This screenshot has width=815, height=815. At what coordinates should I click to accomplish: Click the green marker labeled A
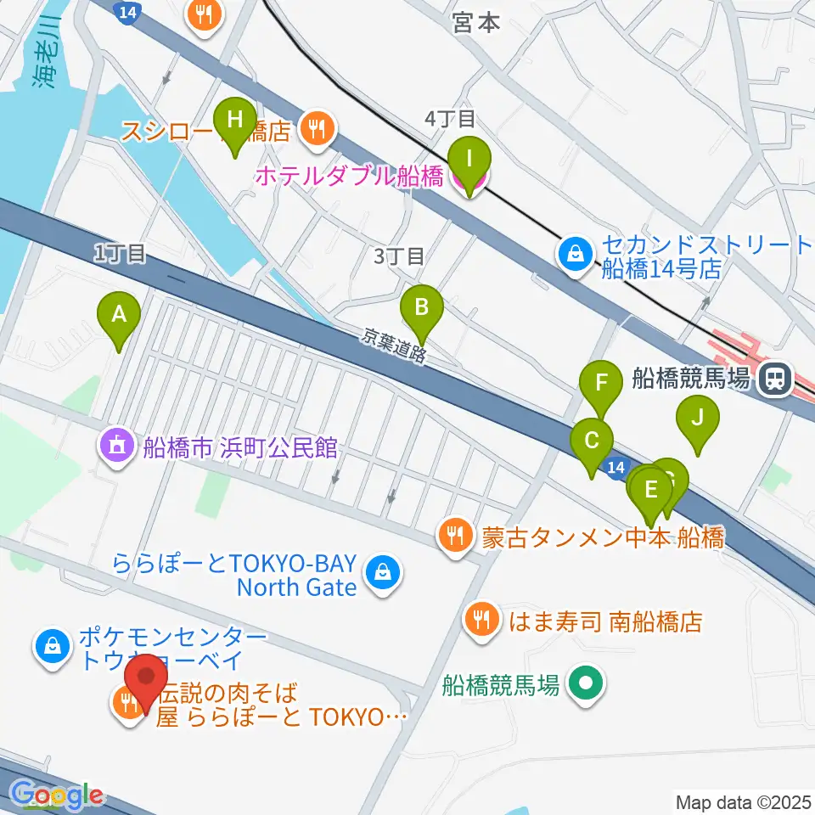point(120,316)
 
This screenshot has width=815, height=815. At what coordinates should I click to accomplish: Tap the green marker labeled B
point(422,305)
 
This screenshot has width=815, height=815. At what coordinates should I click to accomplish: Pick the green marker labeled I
point(469,159)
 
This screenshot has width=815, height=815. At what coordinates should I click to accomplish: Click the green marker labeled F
point(601,383)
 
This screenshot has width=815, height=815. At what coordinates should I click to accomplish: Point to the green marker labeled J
point(697,419)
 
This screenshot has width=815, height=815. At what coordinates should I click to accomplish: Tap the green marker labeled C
point(592,441)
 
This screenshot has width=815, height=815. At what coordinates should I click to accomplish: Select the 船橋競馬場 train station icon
point(773,378)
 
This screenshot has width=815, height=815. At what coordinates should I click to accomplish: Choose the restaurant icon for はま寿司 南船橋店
point(482,619)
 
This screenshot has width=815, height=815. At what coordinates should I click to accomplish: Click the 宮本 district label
point(477,23)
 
